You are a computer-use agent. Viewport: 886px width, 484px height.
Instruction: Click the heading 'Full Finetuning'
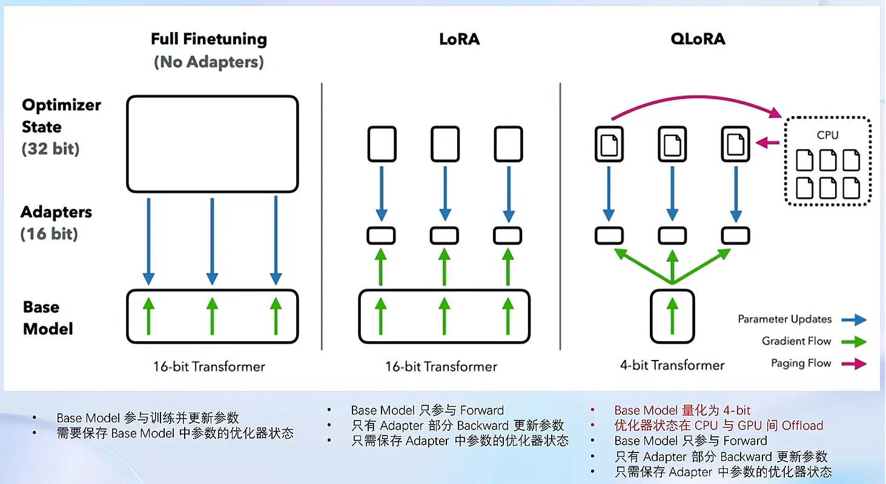coord(209,39)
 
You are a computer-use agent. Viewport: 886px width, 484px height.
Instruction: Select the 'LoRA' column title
coord(459,39)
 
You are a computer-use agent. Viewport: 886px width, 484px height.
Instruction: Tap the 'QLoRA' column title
coord(698,39)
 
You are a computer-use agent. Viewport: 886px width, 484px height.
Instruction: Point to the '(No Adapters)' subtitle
coord(209,62)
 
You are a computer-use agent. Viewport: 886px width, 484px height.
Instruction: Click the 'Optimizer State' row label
coord(61,116)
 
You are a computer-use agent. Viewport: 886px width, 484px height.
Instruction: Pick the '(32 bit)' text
coord(51,149)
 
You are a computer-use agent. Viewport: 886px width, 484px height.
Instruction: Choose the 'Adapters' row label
coord(56,212)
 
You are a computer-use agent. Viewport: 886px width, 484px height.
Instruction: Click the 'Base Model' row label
coord(48,318)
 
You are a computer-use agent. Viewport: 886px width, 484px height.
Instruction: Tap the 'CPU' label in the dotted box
coord(827,135)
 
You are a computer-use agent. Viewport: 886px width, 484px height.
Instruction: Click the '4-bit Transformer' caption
coord(672,365)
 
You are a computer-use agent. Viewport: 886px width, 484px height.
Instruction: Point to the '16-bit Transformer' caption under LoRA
coord(441,367)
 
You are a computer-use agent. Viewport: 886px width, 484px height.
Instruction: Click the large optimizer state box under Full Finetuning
coord(212,144)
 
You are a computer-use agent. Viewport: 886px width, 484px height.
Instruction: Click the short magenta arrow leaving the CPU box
coord(768,143)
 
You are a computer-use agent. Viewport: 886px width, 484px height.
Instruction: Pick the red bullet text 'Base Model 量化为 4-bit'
coord(683,410)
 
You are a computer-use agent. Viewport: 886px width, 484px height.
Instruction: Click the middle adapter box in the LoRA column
coord(445,235)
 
